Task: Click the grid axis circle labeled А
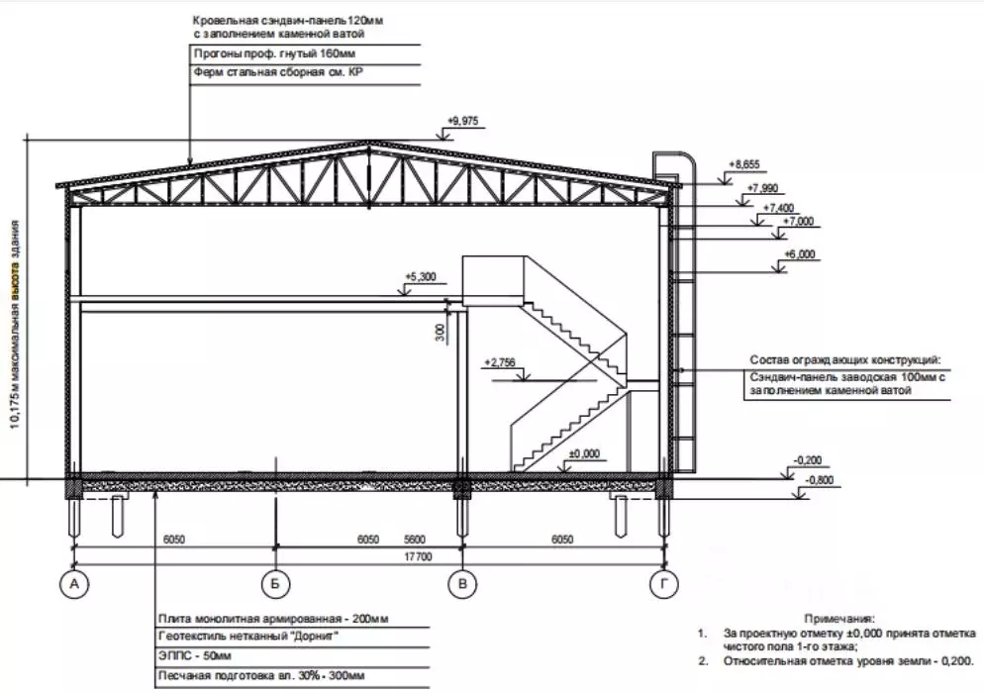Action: (x=74, y=584)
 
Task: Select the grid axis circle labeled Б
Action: (x=275, y=584)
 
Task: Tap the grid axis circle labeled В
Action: (x=462, y=584)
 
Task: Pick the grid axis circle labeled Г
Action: (x=664, y=584)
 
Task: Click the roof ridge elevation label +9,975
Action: (x=463, y=121)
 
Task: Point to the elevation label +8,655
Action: (x=743, y=164)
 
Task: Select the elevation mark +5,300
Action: (x=421, y=277)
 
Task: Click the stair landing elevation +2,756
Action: (x=500, y=362)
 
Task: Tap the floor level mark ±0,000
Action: (x=584, y=453)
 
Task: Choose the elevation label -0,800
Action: (x=821, y=480)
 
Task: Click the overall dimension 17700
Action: (x=419, y=556)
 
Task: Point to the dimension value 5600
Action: (x=414, y=539)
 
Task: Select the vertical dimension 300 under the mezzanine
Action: (x=440, y=333)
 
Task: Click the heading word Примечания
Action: (x=839, y=619)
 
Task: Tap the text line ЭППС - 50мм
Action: (x=195, y=656)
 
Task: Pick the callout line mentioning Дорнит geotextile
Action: (x=249, y=637)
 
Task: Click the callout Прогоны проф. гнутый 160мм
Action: (x=274, y=54)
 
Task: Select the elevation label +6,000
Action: (x=800, y=254)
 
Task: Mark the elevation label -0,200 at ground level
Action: (x=808, y=460)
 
